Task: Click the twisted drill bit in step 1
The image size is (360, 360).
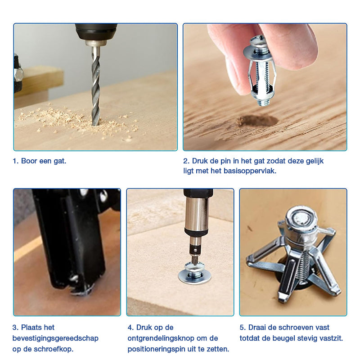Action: coord(96,87)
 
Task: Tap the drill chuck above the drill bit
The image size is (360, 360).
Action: coord(96,35)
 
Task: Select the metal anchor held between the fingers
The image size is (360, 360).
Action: coord(260,71)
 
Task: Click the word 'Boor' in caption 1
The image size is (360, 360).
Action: coord(29,161)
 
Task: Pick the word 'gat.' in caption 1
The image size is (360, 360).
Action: coord(60,161)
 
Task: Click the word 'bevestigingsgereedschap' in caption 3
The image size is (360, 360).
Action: coord(55,338)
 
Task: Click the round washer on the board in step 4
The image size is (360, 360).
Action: coord(195,275)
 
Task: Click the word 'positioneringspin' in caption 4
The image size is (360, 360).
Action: coord(156,349)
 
